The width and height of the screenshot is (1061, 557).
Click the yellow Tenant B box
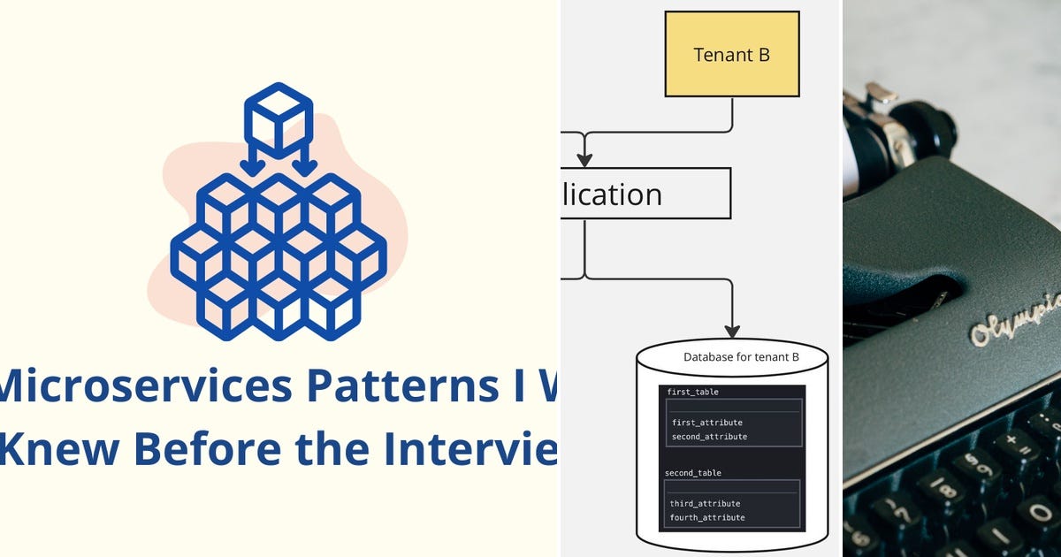pos(732,54)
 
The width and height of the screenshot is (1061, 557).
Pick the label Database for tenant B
pos(741,357)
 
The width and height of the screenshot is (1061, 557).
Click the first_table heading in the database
pos(693,391)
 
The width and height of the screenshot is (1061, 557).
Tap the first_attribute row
pos(706,423)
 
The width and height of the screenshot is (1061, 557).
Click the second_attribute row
pos(709,437)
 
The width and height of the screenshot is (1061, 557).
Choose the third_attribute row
pos(705,503)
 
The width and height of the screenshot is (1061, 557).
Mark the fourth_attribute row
pos(707,517)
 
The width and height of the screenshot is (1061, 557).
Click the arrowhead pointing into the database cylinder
pos(732,330)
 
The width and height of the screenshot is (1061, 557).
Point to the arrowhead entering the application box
pos(584,160)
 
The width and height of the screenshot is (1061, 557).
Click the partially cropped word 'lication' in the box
pos(610,194)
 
